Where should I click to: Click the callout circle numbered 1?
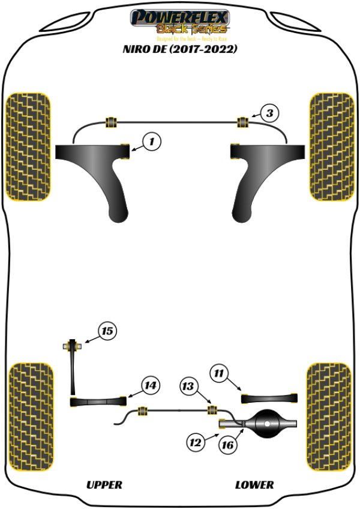pos(152,142)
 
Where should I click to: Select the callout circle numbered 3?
pos(270,112)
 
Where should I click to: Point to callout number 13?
pos(190,386)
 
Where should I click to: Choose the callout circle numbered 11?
pos(220,373)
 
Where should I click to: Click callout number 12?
pos(195,443)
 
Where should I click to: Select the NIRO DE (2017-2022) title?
pos(180,49)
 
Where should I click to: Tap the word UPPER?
pos(104,484)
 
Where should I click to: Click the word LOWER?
pos(254,484)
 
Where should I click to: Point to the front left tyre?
pos(28,146)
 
